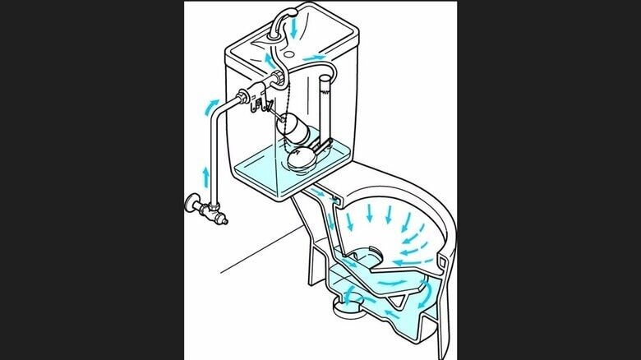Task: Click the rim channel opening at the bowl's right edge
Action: click(x=445, y=263)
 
